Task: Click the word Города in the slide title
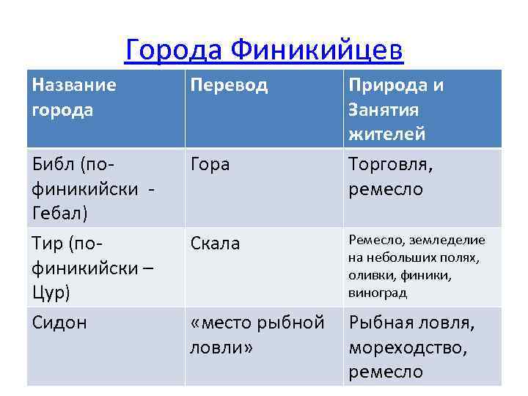click(173, 49)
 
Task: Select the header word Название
click(74, 85)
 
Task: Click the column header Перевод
click(229, 85)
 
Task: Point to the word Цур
click(50, 291)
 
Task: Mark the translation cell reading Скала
click(215, 243)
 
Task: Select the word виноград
click(378, 293)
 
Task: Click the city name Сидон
click(59, 322)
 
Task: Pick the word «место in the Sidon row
click(220, 322)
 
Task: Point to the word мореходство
click(407, 347)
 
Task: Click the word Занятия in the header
click(384, 110)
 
